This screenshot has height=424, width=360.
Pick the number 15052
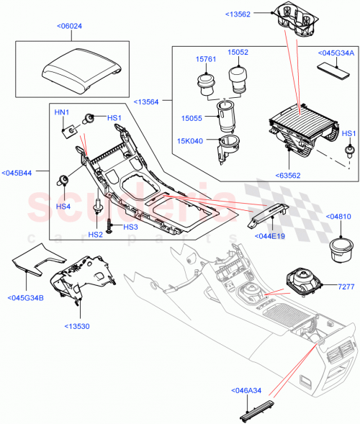point(238,53)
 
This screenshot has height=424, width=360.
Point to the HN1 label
point(63,113)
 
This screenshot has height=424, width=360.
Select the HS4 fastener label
point(63,207)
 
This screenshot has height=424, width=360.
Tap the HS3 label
point(130,227)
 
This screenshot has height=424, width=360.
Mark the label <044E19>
point(269,234)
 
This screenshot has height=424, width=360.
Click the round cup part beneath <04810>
point(338,251)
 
